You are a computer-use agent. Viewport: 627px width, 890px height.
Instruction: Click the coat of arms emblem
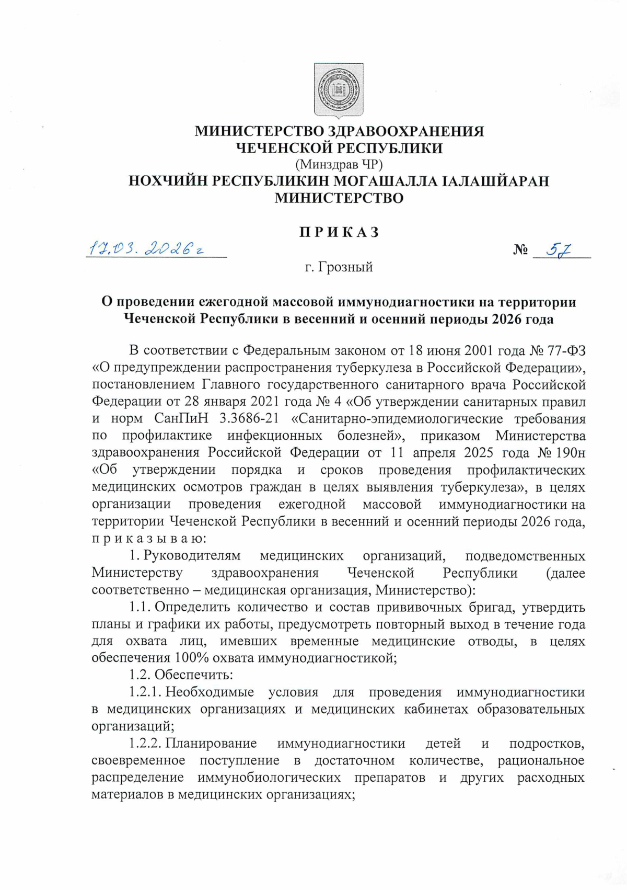[x=339, y=90]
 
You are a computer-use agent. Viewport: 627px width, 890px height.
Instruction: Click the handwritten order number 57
[x=559, y=250]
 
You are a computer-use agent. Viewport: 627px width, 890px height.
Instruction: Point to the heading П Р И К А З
[x=339, y=232]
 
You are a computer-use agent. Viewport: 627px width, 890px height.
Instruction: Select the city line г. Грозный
[x=339, y=267]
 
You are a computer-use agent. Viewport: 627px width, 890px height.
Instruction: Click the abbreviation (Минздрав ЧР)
[x=339, y=165]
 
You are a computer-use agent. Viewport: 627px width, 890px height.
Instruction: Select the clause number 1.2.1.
[x=146, y=692]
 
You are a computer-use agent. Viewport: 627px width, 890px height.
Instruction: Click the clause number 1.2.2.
[x=146, y=744]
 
